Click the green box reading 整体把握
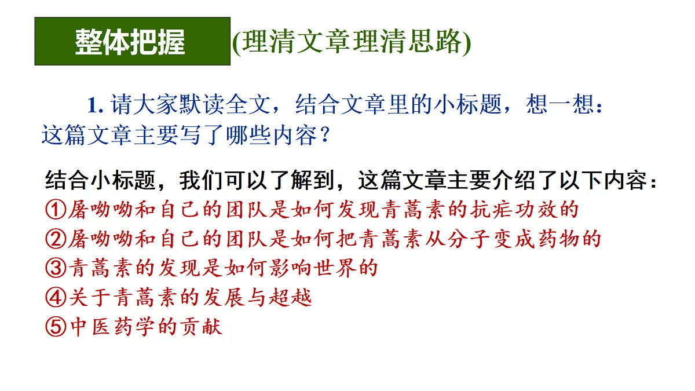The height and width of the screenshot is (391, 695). [132, 41]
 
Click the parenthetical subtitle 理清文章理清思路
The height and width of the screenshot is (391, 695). [351, 42]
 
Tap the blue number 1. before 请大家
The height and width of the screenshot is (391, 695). [95, 105]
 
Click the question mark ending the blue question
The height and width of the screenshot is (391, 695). [325, 136]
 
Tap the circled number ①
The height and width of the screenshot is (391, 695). [55, 210]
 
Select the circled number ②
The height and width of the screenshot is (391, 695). [55, 239]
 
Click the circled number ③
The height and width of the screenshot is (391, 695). [55, 268]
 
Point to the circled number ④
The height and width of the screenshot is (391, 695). [55, 298]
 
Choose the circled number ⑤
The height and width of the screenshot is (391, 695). [55, 327]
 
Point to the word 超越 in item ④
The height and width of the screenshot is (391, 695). [293, 298]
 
